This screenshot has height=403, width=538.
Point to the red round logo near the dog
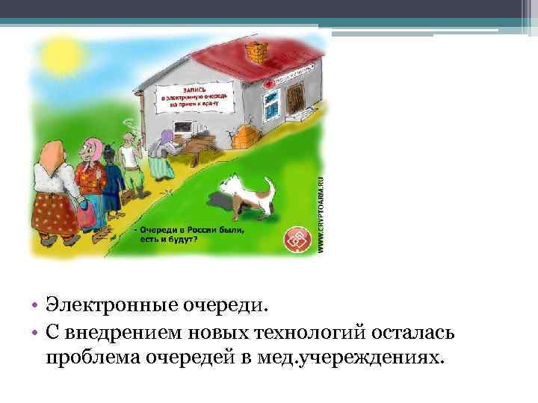(x=298, y=240)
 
